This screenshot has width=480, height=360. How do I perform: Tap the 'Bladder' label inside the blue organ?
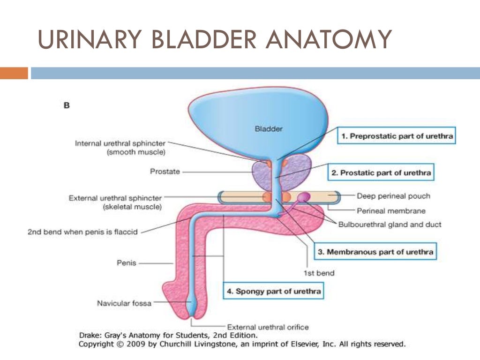pos(269,128)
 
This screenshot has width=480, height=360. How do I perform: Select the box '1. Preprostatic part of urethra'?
pos(396,136)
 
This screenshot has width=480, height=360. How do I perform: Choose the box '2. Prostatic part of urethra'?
pos(381,172)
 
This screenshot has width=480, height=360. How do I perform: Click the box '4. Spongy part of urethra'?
pos(274,291)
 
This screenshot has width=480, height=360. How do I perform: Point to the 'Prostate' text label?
pos(165,172)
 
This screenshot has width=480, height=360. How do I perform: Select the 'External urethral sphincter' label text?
pos(115,198)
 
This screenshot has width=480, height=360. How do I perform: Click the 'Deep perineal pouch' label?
pos(393,196)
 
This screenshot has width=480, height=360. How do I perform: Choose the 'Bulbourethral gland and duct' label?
pos(390,225)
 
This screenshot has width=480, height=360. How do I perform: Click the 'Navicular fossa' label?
pos(124,303)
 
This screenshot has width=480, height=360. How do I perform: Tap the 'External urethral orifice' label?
pos(268,327)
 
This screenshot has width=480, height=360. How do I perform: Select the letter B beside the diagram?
pos(67,105)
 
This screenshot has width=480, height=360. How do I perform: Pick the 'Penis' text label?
pos(126,263)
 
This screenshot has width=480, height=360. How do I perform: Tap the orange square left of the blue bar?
pos(14,73)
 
